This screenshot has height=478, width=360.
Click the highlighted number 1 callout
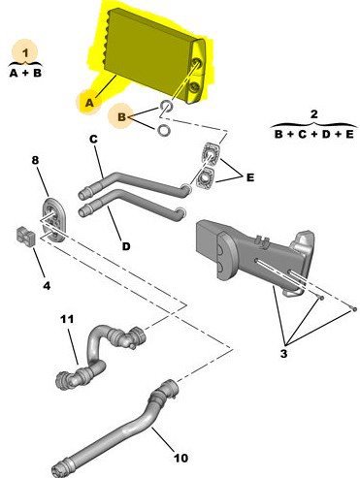click(x=25, y=51)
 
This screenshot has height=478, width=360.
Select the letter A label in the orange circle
click(x=89, y=103)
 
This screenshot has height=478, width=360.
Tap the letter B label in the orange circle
click(x=122, y=117)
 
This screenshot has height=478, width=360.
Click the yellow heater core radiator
click(x=156, y=56)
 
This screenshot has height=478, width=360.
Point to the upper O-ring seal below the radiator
click(x=166, y=106)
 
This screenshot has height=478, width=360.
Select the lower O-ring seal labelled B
click(x=164, y=130)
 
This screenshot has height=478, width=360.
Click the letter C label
click(x=93, y=140)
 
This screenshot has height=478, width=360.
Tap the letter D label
click(x=126, y=246)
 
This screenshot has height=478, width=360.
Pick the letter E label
click(x=250, y=177)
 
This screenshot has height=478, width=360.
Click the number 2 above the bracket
click(x=313, y=114)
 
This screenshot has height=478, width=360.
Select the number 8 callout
click(x=36, y=160)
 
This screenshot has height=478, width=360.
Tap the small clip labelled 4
click(x=25, y=237)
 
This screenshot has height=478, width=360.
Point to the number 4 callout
click(x=47, y=286)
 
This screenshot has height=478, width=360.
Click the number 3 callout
click(x=283, y=354)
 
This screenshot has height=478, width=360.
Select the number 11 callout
click(x=67, y=319)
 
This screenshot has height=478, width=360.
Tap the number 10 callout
click(x=180, y=458)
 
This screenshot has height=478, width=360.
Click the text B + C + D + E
click(x=313, y=134)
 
